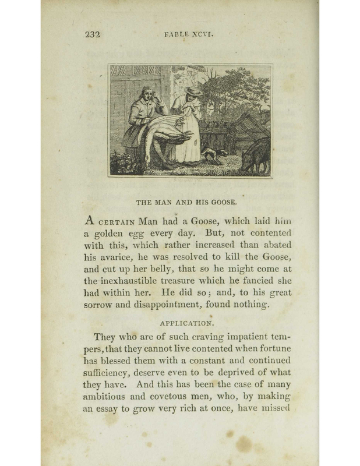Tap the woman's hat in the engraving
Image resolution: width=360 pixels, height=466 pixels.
point(194,91)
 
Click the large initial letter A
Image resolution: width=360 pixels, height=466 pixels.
point(90,221)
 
